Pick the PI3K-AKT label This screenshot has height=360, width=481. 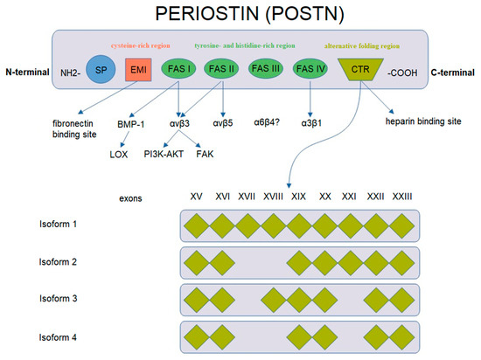167,153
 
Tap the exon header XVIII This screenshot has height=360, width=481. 273,197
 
